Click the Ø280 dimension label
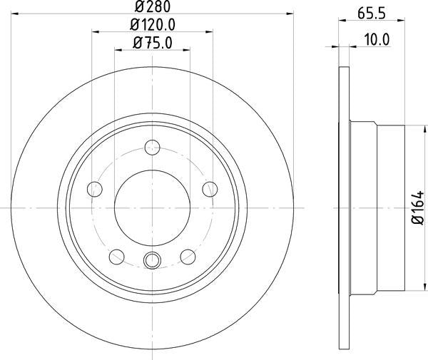(x=153, y=7)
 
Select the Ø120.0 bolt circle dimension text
(x=153, y=25)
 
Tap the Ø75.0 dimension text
(x=153, y=43)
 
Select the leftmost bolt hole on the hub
(x=95, y=189)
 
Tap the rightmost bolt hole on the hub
(x=210, y=188)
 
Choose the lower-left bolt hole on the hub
(x=116, y=256)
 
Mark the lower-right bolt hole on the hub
(x=189, y=256)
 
